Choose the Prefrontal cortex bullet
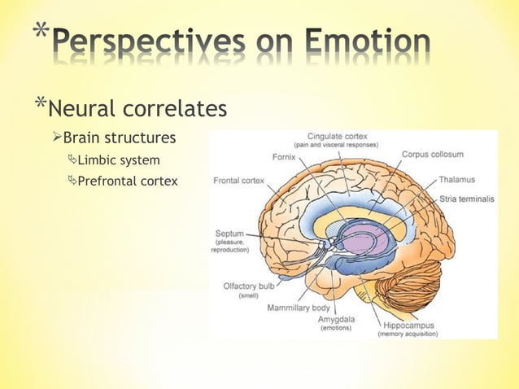point(127,181)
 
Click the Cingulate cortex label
point(335,137)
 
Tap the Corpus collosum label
point(432,154)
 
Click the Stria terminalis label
point(466,198)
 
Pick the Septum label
point(229,233)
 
